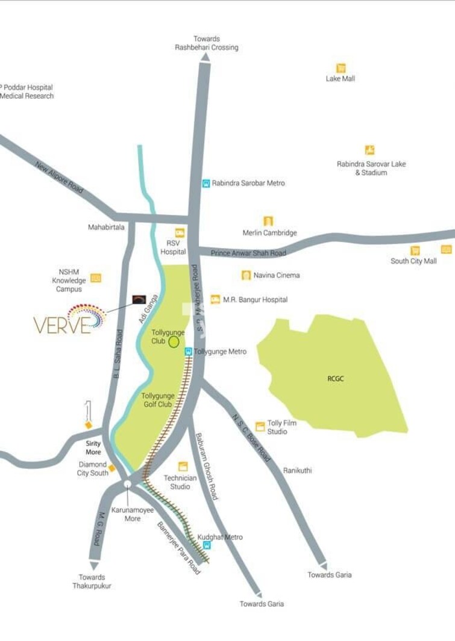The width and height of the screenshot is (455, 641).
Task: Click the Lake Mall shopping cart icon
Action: pos(341,68)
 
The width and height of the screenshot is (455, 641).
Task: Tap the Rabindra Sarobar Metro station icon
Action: pos(206,183)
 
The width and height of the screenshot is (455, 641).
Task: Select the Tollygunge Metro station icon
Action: pos(188,351)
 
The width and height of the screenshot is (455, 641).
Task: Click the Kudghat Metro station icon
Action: pos(207,545)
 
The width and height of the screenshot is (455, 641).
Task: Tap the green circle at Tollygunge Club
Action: pos(174,342)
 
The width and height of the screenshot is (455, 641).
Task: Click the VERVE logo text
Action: pos(61,325)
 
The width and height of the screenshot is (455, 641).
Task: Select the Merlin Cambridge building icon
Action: pos(268,221)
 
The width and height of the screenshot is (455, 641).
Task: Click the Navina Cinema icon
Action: pos(246,275)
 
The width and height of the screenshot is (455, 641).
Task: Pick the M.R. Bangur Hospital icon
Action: pos(215,299)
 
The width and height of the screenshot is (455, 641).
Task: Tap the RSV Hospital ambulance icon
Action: pos(180,232)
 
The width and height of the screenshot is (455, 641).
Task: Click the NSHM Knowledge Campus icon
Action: pos(96,278)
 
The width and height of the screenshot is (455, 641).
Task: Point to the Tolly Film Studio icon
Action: pos(260,427)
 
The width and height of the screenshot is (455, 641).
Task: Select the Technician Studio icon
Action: pos(183,466)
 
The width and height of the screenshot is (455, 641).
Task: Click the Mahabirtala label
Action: pos(106,227)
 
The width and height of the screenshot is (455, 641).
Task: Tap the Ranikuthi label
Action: pos(297,471)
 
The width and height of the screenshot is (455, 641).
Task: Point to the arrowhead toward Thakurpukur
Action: pos(94,565)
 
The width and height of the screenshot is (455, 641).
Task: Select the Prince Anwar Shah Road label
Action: pos(248,253)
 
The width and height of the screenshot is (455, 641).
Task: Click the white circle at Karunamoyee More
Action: pos(127,484)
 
